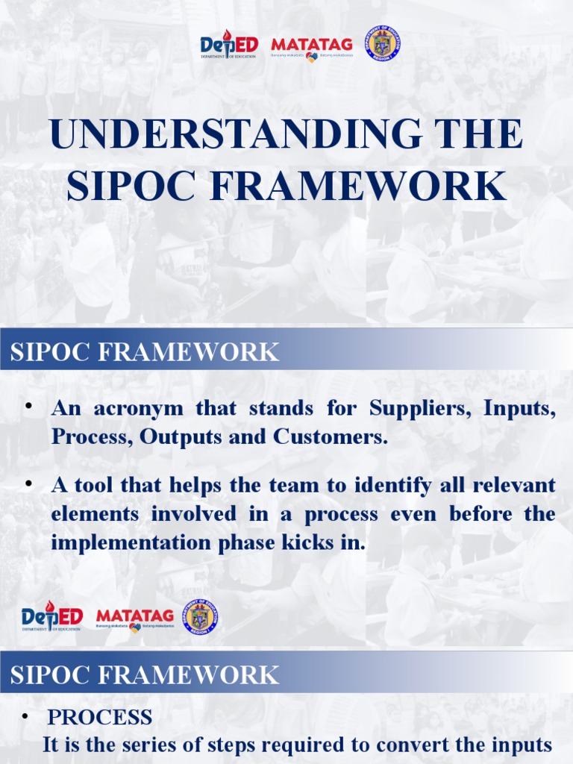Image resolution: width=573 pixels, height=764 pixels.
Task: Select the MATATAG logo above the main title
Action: point(311,47)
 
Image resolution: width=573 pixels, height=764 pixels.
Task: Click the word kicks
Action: point(307,542)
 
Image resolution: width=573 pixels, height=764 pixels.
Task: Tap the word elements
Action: point(95,514)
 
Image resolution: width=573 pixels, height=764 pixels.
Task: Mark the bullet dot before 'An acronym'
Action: point(28,405)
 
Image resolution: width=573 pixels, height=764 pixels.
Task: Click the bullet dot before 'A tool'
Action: point(28,483)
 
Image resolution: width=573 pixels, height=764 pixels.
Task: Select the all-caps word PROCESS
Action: point(99,718)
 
